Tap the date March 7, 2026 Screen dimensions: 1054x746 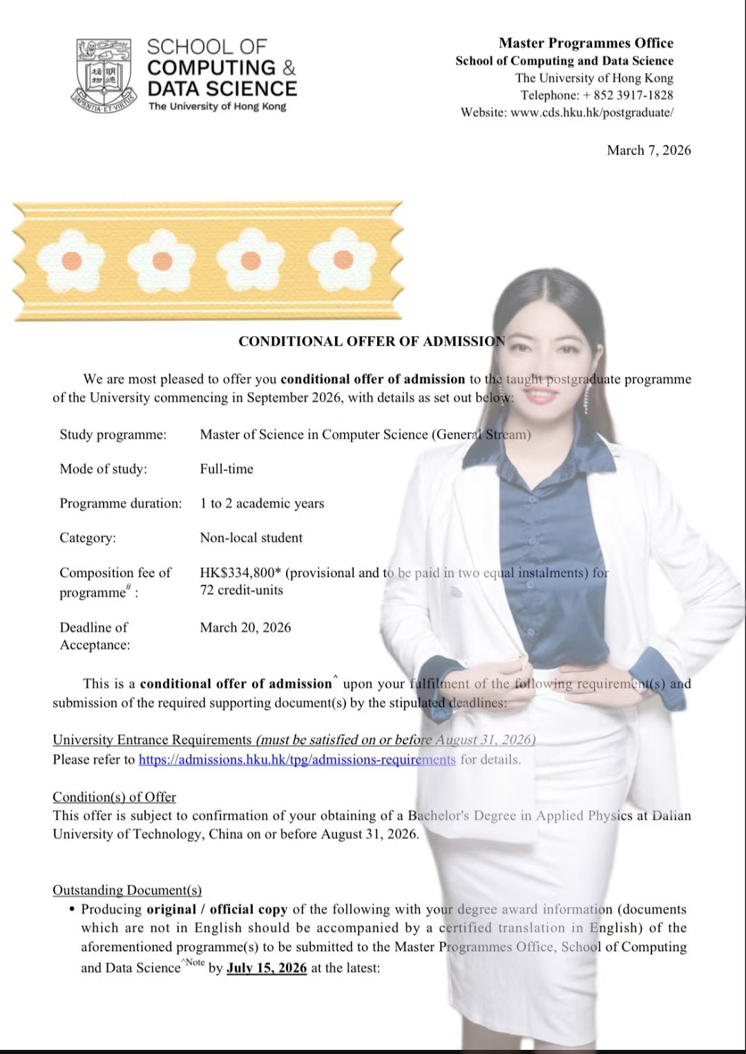[x=649, y=150]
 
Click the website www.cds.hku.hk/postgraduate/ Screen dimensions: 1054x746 [x=591, y=113]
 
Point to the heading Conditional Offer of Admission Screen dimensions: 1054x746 [x=372, y=342]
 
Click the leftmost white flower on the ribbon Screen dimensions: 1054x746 [x=71, y=261]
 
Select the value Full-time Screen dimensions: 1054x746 [x=227, y=469]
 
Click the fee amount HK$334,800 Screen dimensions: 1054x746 [x=238, y=573]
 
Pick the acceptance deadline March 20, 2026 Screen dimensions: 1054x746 [x=245, y=627]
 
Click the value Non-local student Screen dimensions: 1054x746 [x=251, y=538]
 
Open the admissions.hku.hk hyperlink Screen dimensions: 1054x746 [x=297, y=760]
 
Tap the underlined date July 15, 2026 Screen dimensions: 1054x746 [x=267, y=968]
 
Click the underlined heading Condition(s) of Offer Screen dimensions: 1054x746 [x=114, y=797]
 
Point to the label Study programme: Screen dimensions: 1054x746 [x=113, y=435]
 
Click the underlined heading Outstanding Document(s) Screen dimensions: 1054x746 [x=127, y=890]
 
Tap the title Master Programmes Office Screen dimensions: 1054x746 [x=586, y=43]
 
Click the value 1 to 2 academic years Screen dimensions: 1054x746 [x=262, y=504]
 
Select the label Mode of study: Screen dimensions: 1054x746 [x=103, y=469]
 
